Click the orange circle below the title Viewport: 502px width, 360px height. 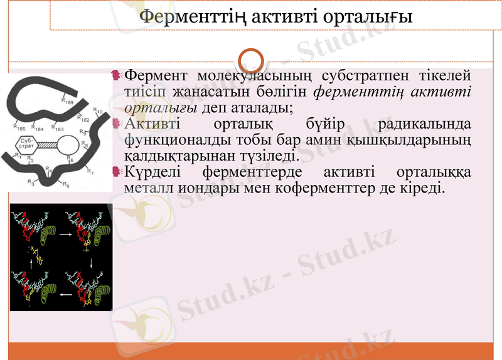(251, 61)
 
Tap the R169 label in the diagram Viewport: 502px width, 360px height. (67, 100)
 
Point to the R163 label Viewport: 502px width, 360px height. (57, 128)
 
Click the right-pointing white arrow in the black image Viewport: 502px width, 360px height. (65, 233)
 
